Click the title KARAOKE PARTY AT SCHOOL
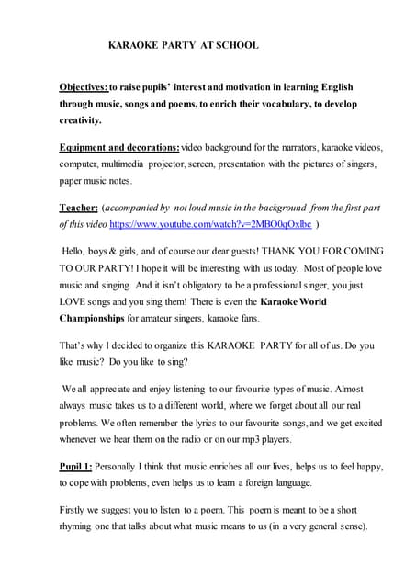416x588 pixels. tap(184, 44)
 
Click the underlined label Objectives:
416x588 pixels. tap(84, 87)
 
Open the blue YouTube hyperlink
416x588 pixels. tap(210, 224)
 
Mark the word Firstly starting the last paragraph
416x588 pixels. tap(75, 510)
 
